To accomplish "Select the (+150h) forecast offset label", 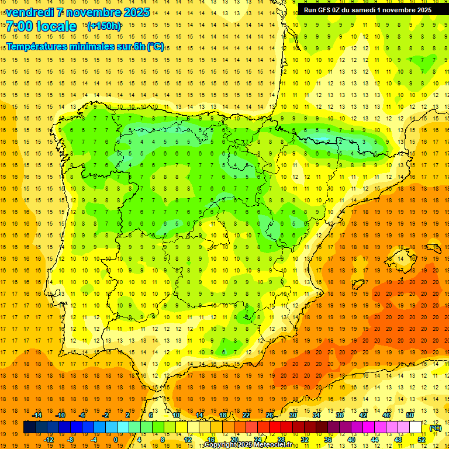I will pyautogui.click(x=104, y=26).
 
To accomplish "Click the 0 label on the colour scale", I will pyautogui.click(x=116, y=440).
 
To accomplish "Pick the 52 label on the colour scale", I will pyautogui.click(x=422, y=440).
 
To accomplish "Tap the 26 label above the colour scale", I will pyautogui.click(x=270, y=415).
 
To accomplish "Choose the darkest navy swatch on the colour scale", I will pyautogui.click(x=29, y=428).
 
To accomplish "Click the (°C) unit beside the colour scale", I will pyautogui.click(x=436, y=428).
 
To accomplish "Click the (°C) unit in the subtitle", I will pyautogui.click(x=156, y=47).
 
